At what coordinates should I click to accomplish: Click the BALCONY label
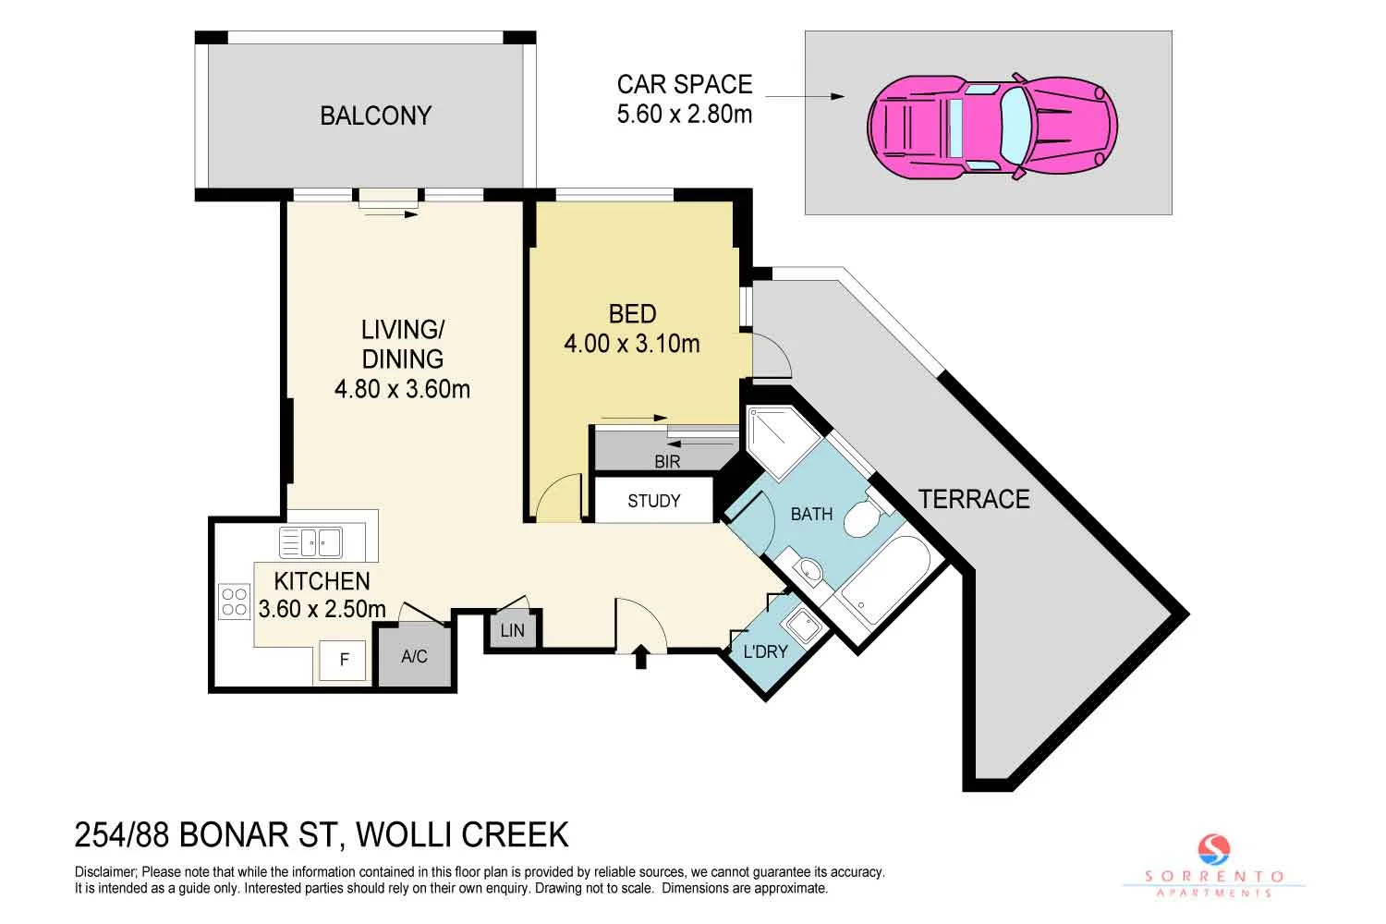(375, 115)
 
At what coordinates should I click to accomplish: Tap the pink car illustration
(991, 127)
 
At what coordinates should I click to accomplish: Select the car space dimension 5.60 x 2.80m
(684, 114)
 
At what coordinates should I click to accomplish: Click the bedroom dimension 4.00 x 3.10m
(632, 344)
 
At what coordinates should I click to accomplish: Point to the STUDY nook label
(653, 501)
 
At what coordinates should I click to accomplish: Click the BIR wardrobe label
(667, 461)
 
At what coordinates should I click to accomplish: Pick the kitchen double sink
(310, 542)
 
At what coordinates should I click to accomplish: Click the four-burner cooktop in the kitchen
(234, 602)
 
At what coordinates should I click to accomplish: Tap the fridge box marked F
(344, 660)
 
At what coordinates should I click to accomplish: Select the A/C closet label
(414, 656)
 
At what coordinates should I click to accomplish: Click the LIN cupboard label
(512, 630)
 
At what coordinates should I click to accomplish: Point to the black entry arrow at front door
(639, 657)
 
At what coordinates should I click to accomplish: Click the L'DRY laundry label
(765, 651)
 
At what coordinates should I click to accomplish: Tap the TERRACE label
(974, 499)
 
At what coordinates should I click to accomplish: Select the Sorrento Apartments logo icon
(1214, 849)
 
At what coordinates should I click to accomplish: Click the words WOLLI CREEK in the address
(462, 834)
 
